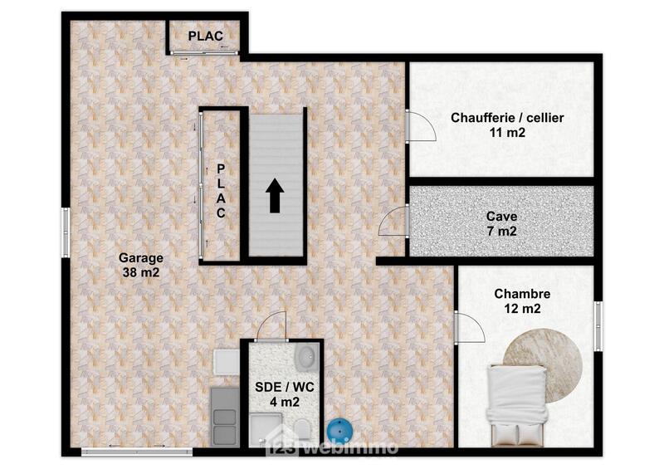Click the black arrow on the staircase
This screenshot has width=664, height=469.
(275, 197)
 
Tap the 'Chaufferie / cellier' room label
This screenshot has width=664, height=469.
(507, 118)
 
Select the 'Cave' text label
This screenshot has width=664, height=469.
(502, 217)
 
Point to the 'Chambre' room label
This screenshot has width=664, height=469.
(522, 294)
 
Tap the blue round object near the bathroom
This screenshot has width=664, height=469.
(339, 431)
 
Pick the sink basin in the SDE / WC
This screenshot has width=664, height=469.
(305, 357)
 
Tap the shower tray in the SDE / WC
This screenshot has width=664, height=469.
(266, 430)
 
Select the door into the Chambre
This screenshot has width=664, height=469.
(469, 327)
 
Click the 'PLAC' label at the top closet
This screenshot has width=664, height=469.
(204, 37)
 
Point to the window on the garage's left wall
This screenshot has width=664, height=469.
(65, 232)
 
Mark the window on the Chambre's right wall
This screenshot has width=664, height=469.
(598, 326)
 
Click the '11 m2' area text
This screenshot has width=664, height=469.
(507, 132)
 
